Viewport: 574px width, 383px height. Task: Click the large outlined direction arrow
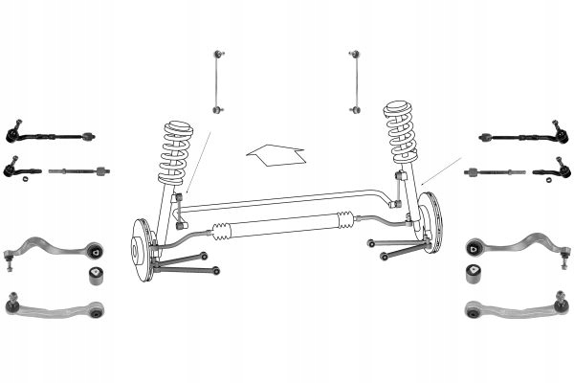[275, 156]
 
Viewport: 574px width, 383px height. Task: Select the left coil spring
[176, 153]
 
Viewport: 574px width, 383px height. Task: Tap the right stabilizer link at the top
[356, 81]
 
